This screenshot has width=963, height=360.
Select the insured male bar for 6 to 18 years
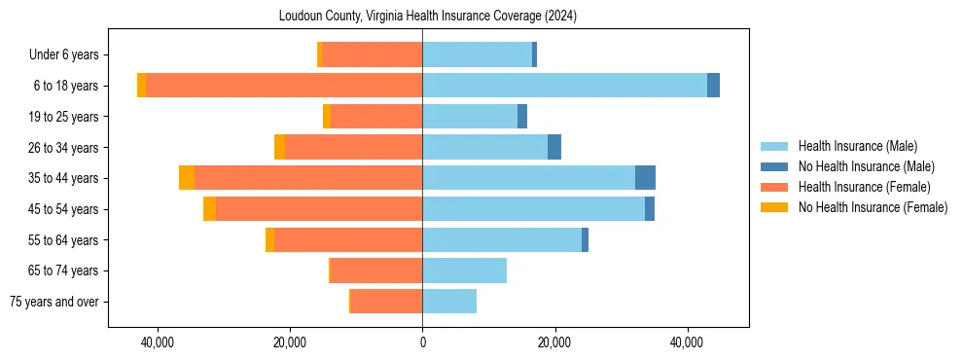[x=564, y=86]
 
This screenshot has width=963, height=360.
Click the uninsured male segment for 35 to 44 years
[x=645, y=178]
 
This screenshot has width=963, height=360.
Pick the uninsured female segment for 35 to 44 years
[x=187, y=178]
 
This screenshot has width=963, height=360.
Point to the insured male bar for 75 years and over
[x=449, y=302]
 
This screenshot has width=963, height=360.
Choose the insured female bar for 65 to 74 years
[x=376, y=270]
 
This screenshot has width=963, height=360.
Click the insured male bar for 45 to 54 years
[x=533, y=209]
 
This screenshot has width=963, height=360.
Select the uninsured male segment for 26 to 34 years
[x=554, y=147]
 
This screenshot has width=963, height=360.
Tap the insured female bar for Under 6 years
[x=372, y=54]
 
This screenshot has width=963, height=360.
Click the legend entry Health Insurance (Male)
[x=857, y=146]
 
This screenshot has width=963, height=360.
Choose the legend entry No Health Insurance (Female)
[x=873, y=207]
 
